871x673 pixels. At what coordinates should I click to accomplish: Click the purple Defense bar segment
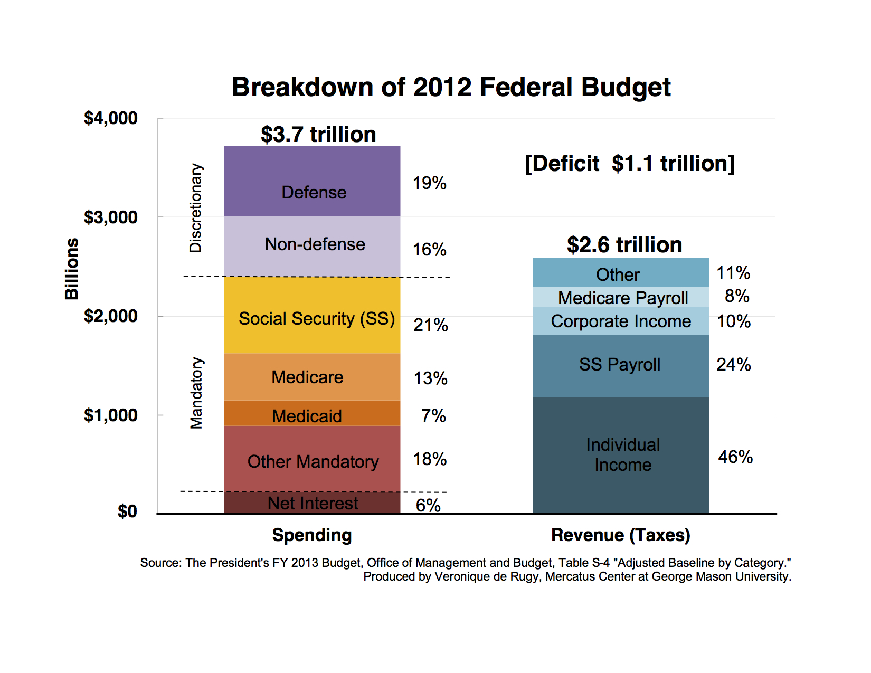click(312, 181)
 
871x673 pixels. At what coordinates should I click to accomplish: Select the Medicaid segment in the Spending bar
click(312, 413)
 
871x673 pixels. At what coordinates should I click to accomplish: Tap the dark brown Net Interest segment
click(312, 503)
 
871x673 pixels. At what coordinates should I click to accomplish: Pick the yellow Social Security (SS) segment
click(312, 315)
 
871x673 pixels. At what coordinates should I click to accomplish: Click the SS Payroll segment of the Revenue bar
click(620, 366)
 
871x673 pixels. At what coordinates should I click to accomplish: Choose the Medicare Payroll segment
click(620, 297)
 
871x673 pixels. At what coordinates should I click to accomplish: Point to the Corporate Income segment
click(620, 321)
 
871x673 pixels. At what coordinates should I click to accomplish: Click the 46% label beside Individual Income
click(735, 457)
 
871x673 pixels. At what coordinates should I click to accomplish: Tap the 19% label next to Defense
click(429, 183)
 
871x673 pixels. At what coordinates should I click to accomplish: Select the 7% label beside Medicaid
click(433, 415)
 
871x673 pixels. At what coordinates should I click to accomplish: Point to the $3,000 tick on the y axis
click(110, 217)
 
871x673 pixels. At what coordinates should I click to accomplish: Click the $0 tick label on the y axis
click(127, 511)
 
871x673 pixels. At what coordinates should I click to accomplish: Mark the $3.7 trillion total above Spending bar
click(318, 134)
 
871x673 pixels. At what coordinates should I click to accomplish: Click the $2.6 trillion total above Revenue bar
click(624, 244)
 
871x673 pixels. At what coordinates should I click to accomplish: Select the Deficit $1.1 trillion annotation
click(630, 164)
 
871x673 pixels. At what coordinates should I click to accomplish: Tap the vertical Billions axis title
click(72, 269)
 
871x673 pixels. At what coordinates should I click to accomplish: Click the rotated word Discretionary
click(196, 207)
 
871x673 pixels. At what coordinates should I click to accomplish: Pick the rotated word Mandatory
click(196, 393)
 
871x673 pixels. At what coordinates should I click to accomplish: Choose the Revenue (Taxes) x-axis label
click(620, 535)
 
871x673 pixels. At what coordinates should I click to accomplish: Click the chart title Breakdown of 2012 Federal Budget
click(451, 87)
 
